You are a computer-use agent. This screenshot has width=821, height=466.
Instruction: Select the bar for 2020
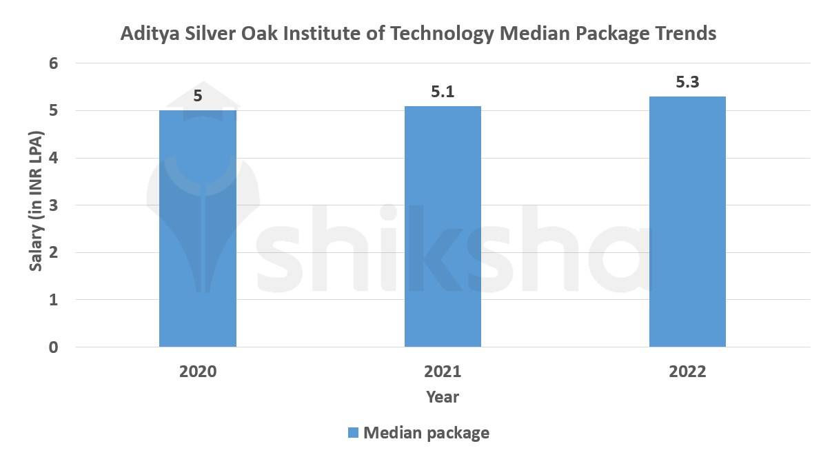198,228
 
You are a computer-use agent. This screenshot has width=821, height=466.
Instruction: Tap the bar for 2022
687,221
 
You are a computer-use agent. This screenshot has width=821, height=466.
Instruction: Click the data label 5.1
443,92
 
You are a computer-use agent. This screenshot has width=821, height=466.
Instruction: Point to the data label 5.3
687,82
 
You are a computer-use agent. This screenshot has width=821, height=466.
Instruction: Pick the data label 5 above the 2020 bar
198,96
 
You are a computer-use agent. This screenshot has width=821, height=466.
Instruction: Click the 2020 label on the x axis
198,372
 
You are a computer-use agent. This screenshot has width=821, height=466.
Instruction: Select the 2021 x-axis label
443,372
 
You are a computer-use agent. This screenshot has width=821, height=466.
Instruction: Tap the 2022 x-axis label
687,372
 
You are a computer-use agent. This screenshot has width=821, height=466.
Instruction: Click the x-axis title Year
443,397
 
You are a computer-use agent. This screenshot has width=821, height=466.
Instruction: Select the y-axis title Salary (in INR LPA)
37,205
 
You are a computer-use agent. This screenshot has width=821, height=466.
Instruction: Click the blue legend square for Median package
353,433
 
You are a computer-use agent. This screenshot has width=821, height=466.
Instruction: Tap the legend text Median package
426,433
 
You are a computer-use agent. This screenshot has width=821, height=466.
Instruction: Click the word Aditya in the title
144,34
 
